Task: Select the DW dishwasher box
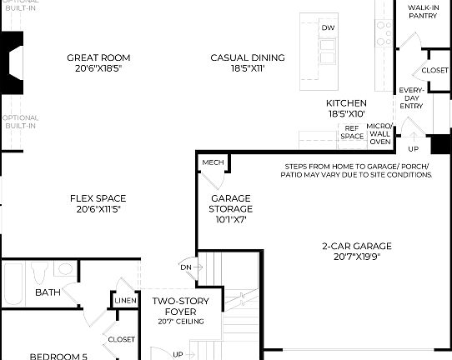(x=329, y=27)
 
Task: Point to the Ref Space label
(x=352, y=132)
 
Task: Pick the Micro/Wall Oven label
(x=380, y=132)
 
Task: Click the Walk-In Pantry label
(x=424, y=12)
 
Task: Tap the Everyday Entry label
(x=411, y=97)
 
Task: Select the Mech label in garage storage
(x=213, y=162)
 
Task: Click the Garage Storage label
(x=231, y=208)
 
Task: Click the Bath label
(x=48, y=292)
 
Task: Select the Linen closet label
(x=126, y=300)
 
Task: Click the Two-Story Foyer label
(x=174, y=307)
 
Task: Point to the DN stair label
(x=186, y=267)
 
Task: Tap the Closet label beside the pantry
(x=434, y=71)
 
